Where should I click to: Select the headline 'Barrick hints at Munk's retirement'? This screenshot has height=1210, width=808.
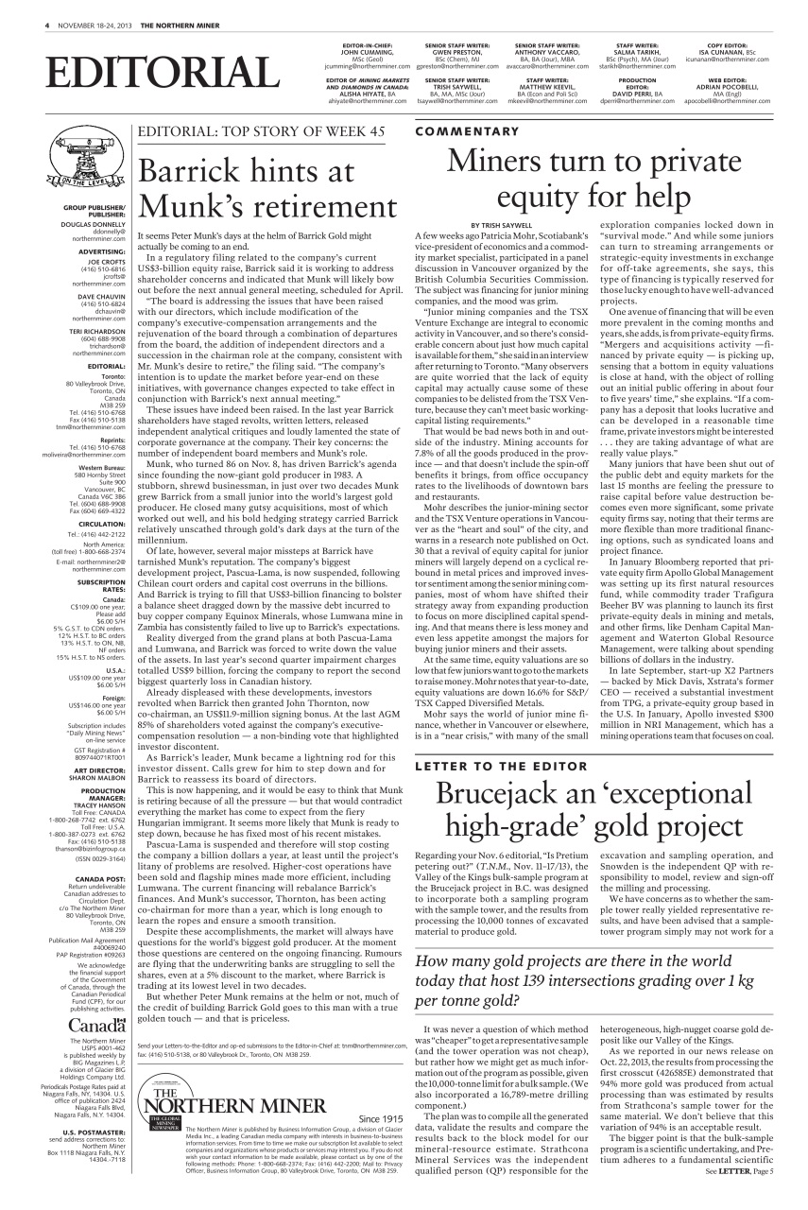click(x=267, y=188)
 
